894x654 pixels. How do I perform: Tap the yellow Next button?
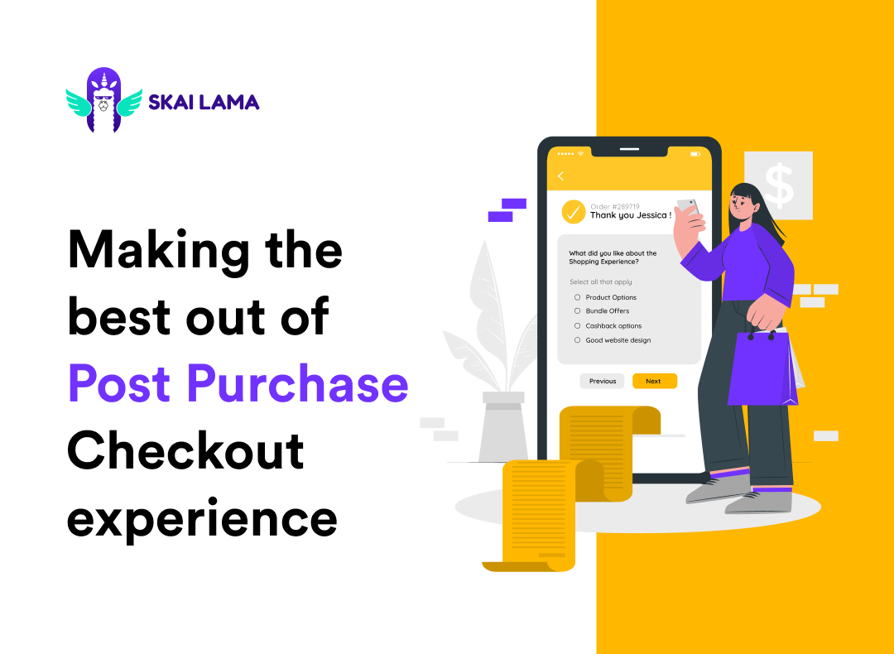pos(654,381)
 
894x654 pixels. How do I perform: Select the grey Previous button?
pos(603,381)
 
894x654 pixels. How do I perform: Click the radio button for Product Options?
pos(577,297)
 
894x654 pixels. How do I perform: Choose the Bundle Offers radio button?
pos(577,311)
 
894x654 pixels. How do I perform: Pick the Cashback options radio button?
pos(577,325)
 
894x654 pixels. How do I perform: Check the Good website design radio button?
pos(577,339)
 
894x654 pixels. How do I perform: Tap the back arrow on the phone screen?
pos(560,176)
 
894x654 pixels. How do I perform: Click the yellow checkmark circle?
pos(574,212)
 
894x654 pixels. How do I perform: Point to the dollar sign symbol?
pos(778,185)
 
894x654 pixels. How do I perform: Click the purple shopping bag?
pos(762,368)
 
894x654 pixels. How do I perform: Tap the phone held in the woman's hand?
pos(687,208)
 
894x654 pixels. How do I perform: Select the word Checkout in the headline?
pos(185,451)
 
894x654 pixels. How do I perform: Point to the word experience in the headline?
pos(203,517)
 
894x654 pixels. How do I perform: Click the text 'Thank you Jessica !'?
pos(630,215)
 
